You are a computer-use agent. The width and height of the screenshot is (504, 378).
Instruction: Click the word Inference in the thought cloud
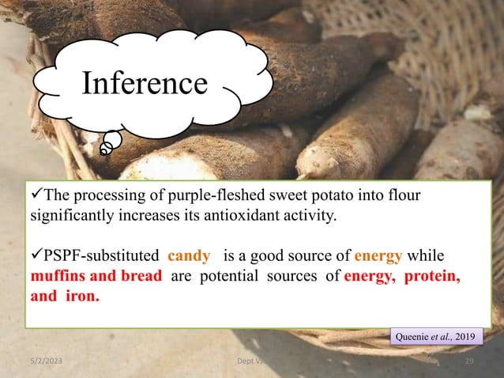[x=146, y=83]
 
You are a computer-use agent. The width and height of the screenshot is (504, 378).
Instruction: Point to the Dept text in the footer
[x=250, y=361]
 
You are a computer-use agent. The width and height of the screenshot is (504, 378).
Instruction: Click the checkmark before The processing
[x=34, y=195]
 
